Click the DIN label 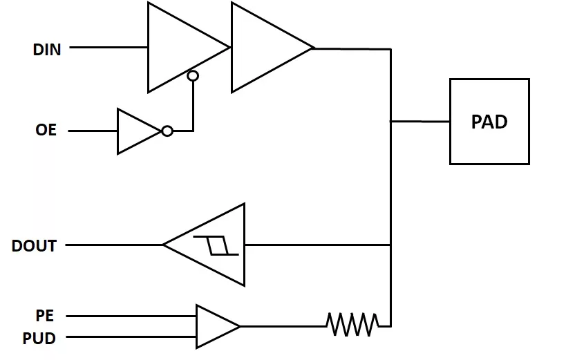(x=47, y=50)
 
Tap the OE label (x=46, y=130)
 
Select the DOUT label (x=35, y=246)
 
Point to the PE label (x=45, y=316)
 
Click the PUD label (x=39, y=339)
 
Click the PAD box (x=489, y=122)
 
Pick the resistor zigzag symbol (x=352, y=325)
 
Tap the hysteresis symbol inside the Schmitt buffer (x=216, y=245)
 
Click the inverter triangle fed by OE (x=140, y=131)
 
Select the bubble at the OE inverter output (x=167, y=131)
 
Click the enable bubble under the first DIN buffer (x=193, y=76)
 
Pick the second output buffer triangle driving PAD (x=272, y=47)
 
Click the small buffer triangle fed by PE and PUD (x=218, y=326)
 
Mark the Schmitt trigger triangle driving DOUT (x=205, y=245)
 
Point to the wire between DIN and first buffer (x=109, y=47)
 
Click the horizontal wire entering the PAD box (x=421, y=122)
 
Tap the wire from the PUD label (x=131, y=337)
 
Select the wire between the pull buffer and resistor (x=283, y=326)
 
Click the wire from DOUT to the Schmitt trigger (x=115, y=245)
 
